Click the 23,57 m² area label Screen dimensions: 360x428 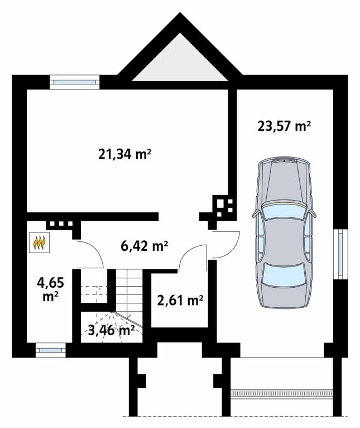(284, 127)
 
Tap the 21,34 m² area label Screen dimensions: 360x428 (125, 155)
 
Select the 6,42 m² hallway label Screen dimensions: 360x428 (144, 246)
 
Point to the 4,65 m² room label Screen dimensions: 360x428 (51, 289)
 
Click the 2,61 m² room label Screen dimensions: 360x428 (180, 301)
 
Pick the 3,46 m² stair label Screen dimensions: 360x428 (112, 331)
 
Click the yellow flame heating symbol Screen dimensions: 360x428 (40, 242)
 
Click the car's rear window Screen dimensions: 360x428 (284, 275)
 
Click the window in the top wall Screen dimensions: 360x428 (74, 82)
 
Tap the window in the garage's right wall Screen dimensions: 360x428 (340, 254)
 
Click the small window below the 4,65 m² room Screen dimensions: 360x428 (50, 350)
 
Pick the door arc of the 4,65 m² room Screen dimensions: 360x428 (95, 249)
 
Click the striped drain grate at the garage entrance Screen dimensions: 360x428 (282, 393)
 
